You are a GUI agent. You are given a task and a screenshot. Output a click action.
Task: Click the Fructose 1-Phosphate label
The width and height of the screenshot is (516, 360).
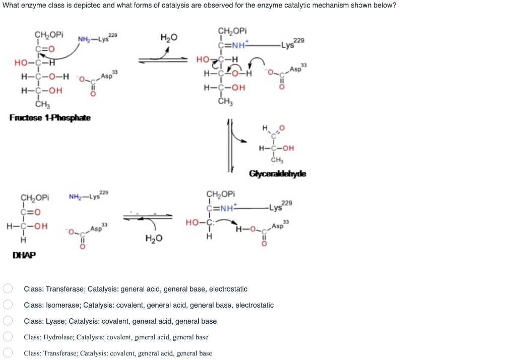(x=50, y=117)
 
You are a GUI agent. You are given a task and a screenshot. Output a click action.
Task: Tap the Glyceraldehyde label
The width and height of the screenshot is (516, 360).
(x=277, y=174)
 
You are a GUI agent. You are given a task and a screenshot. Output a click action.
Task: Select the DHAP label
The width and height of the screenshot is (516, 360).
(x=24, y=255)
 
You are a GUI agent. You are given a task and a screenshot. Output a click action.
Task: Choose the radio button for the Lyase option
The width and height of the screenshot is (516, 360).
(x=8, y=321)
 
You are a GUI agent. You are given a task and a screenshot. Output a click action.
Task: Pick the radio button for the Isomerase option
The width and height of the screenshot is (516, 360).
(x=8, y=305)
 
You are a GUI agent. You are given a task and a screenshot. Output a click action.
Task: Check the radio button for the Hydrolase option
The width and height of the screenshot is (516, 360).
(x=8, y=337)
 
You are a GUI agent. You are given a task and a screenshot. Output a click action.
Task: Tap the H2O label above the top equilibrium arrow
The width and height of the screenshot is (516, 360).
(x=168, y=38)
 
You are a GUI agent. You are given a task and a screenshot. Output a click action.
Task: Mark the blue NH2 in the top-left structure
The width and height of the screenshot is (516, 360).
(x=84, y=39)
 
